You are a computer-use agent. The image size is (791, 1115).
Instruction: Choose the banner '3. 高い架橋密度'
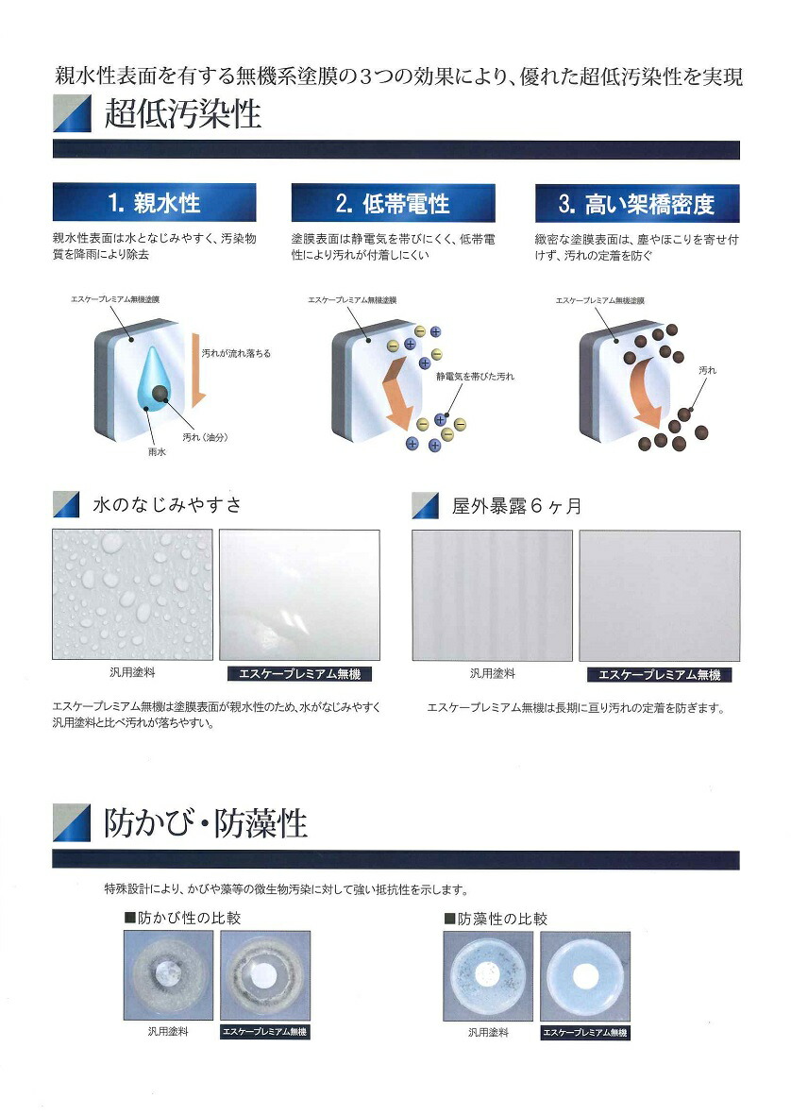(x=637, y=203)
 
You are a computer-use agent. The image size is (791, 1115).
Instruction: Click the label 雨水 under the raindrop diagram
(x=157, y=452)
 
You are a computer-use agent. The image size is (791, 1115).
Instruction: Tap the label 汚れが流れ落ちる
(x=236, y=353)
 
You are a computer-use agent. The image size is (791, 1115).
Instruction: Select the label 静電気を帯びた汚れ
(x=475, y=376)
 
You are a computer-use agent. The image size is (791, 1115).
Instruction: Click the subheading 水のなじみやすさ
(x=167, y=505)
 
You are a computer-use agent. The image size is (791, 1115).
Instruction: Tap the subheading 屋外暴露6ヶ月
(x=515, y=507)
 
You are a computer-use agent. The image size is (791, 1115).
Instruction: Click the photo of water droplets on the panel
(x=132, y=594)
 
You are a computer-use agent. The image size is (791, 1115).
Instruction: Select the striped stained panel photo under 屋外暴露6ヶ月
(x=492, y=595)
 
